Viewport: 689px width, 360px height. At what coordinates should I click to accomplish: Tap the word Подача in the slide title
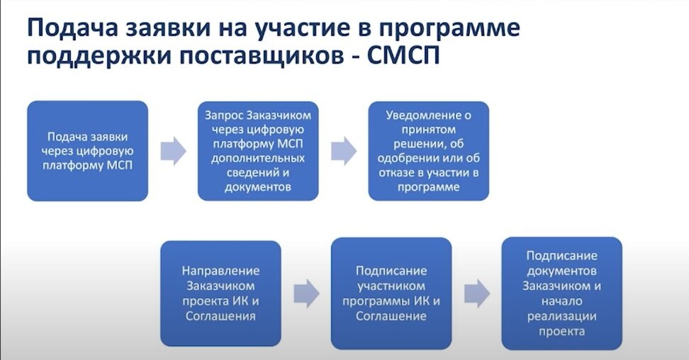coord(72,28)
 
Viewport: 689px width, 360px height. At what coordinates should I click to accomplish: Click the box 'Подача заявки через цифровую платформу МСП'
coord(87,151)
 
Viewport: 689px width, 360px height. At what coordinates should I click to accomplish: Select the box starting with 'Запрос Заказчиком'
coord(258,151)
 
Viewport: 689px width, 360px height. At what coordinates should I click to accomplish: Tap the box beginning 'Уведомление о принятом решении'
coord(428,151)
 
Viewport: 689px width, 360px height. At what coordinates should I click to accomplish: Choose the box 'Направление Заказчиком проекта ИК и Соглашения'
coord(220,293)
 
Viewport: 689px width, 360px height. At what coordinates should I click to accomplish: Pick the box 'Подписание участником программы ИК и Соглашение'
coord(391,293)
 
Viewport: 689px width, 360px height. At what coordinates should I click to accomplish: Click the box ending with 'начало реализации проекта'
coord(561,293)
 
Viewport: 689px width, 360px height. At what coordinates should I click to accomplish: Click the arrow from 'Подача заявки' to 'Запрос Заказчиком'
coord(173,151)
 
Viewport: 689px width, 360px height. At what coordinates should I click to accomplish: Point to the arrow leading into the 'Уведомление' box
coord(344,151)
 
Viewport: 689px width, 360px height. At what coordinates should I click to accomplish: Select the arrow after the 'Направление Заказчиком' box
coord(306,293)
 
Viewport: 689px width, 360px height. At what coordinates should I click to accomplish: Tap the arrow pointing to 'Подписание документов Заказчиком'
coord(477,293)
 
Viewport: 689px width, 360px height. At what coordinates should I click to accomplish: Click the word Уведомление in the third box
coord(422,116)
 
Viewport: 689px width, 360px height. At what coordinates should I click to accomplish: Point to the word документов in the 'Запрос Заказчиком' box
coord(258,187)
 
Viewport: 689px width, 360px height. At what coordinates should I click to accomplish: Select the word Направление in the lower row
coord(220,271)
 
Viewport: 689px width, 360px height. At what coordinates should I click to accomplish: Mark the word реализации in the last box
coord(561,316)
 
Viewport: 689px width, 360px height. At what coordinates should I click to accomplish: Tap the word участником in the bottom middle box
coord(391,286)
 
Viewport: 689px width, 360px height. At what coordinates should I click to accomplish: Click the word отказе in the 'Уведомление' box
coord(396,173)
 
